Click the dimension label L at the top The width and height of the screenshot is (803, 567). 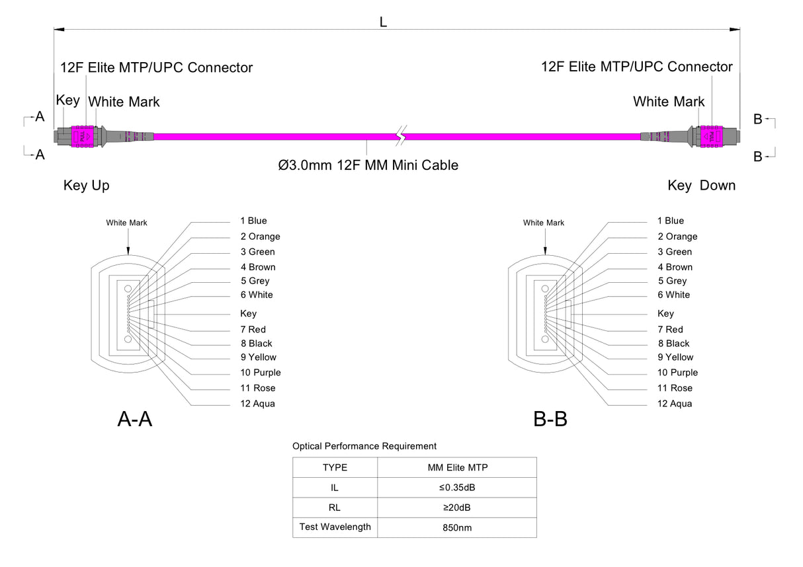tap(383, 22)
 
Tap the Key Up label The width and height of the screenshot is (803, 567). tap(87, 186)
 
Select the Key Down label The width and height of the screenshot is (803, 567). tap(701, 186)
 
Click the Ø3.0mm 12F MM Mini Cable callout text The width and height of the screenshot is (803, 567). tap(368, 165)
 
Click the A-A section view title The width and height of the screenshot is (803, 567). tap(135, 419)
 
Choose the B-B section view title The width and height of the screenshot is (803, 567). tap(550, 419)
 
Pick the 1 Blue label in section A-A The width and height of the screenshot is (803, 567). tap(253, 221)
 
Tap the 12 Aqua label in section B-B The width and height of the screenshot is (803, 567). tap(675, 404)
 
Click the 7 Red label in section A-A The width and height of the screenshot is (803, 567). tap(253, 329)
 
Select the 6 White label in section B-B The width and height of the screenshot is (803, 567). tap(673, 295)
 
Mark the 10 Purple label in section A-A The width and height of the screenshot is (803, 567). tap(261, 373)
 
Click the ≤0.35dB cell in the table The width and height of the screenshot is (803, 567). tap(457, 488)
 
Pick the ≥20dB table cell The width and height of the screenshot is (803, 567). tap(457, 508)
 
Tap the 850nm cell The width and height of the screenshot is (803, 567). tap(457, 527)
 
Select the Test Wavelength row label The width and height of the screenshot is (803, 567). tap(335, 527)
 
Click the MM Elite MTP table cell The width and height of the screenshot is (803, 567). tap(457, 468)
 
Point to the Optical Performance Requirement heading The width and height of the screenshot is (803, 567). tap(364, 447)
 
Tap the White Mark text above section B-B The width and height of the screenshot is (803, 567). tap(544, 223)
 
